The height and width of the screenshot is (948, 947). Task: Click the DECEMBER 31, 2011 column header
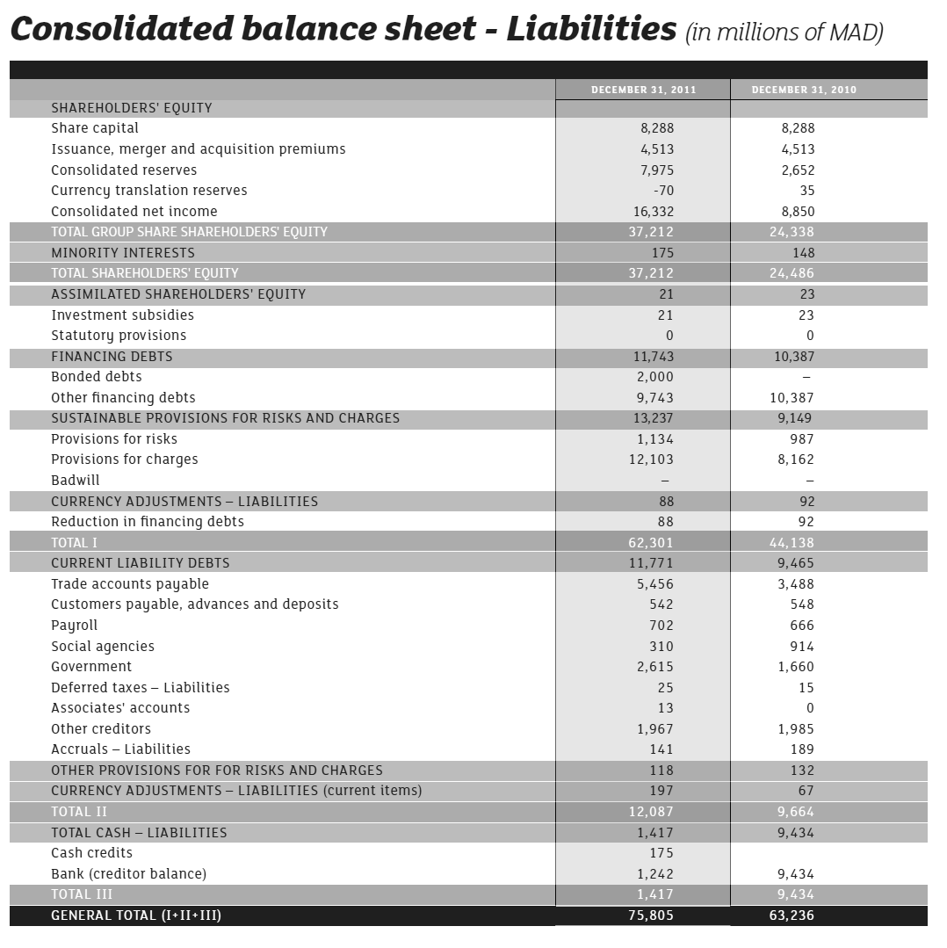click(x=643, y=90)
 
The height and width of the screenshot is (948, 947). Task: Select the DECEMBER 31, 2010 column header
click(x=804, y=90)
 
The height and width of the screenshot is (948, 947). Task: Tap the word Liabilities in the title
click(x=591, y=29)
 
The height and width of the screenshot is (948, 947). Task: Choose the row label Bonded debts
click(x=97, y=377)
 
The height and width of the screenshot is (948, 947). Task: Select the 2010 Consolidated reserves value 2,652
click(x=798, y=170)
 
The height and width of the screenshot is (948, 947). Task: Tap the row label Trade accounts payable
click(x=130, y=584)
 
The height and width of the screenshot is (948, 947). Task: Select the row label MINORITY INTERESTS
click(x=123, y=253)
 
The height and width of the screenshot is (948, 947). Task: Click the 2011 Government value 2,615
click(x=655, y=667)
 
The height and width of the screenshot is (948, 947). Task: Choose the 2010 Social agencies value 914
click(x=802, y=647)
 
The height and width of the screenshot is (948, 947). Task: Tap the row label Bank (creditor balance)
click(x=129, y=874)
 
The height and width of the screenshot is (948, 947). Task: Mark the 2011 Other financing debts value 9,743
click(x=655, y=398)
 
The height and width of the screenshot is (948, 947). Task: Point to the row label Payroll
click(x=75, y=626)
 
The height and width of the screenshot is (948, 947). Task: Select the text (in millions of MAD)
click(x=784, y=33)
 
